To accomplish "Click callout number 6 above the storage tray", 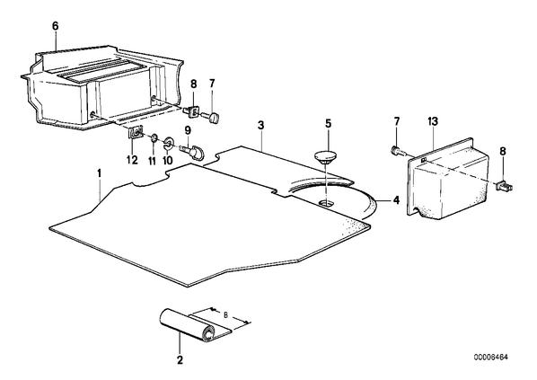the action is point(55,26).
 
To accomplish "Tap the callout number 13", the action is point(433,121).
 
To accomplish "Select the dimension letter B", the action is point(225,314).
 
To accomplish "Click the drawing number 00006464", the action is point(491,358).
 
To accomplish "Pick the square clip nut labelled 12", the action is point(136,133).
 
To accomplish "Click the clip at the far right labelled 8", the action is point(505,186).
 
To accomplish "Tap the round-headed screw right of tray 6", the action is point(210,118).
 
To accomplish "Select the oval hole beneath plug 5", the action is point(327,204).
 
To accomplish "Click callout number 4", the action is point(396,199).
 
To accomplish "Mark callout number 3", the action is point(261,126).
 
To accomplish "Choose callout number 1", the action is point(100,173).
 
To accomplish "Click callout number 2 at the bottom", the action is point(180,359).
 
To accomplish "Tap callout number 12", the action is point(132,160).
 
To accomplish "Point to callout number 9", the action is point(188,130).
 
